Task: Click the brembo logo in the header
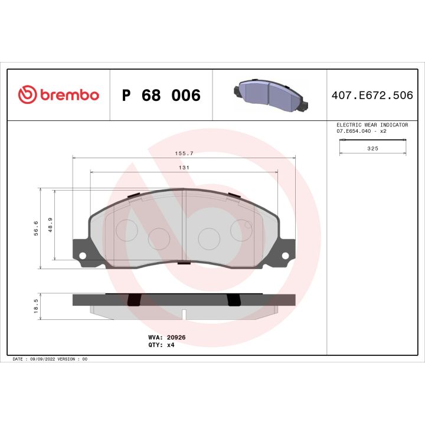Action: point(58,95)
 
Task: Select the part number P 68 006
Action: point(161,96)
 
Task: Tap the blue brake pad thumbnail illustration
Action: point(269,95)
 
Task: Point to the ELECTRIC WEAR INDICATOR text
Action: point(372,125)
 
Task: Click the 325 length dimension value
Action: point(372,149)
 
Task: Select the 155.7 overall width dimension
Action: point(184,153)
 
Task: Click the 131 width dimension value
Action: point(184,168)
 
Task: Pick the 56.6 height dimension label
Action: point(36,227)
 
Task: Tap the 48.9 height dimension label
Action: point(51,225)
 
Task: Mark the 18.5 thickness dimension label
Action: point(36,305)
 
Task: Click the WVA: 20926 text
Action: point(167,337)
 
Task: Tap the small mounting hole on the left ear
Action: point(83,256)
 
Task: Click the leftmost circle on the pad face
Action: point(126,230)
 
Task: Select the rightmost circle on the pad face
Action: point(241,230)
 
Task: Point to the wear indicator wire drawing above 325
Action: point(372,139)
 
